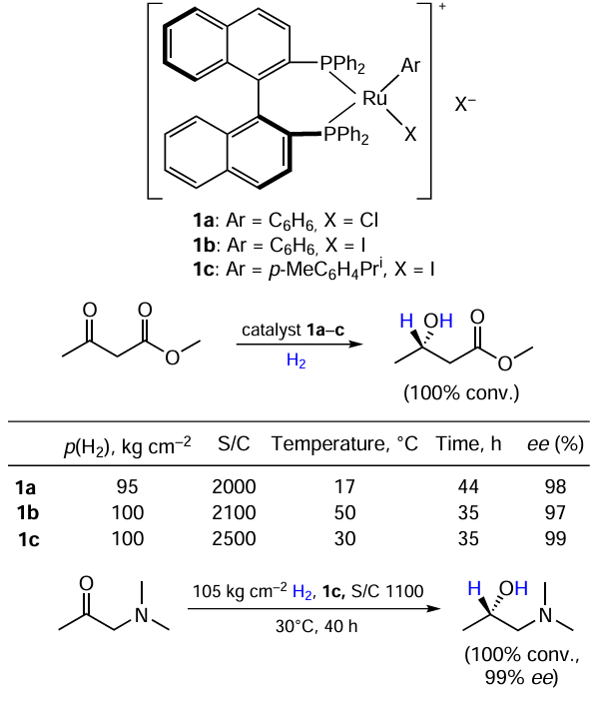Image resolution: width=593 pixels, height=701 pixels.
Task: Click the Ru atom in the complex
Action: point(374,98)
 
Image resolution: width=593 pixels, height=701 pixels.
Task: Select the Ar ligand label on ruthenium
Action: point(410,65)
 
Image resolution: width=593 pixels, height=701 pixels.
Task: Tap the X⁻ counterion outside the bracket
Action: point(465,104)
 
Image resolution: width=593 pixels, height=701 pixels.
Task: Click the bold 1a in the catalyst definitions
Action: point(204,221)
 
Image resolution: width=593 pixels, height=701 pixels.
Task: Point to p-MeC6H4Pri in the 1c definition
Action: point(326,270)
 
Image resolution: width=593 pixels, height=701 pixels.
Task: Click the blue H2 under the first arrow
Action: point(296,360)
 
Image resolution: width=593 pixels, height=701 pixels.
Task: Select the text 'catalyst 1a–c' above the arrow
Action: point(294,330)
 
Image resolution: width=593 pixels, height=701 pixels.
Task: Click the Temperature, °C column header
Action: point(344,444)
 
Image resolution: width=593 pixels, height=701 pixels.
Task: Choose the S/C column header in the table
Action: point(234,443)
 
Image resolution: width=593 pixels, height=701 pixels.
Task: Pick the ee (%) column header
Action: point(555,444)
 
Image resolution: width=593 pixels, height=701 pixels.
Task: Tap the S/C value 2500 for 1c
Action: point(234,538)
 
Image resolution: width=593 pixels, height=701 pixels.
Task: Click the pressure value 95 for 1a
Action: point(128,487)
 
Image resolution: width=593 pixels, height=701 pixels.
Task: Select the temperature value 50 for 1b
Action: point(344,513)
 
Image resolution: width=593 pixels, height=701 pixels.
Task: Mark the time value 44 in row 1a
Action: point(468,487)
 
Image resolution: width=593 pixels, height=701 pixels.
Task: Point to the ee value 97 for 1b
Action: point(555,513)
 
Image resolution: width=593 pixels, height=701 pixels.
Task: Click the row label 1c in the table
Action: point(28,539)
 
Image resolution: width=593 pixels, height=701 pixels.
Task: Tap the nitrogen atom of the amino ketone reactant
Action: point(142,615)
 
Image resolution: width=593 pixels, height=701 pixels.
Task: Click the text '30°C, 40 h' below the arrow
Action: point(316,626)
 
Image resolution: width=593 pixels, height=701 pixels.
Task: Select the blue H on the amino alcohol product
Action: point(474,589)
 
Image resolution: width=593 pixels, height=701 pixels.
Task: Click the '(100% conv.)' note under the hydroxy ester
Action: point(461,393)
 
